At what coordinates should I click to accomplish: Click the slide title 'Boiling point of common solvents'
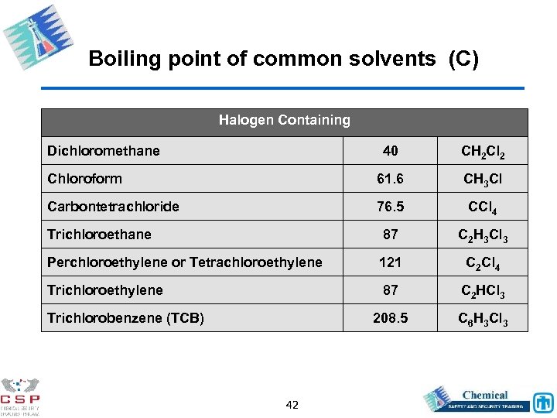[x=284, y=59]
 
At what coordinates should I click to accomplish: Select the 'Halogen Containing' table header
[x=284, y=120]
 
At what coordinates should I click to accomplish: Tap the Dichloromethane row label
[x=104, y=151]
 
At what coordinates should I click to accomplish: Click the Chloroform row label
[x=84, y=179]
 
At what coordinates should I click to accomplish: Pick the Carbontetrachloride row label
[x=113, y=207]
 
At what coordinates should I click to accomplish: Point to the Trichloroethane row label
[x=99, y=235]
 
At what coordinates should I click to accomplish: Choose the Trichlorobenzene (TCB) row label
[x=125, y=318]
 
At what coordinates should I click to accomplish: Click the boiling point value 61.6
[x=390, y=179]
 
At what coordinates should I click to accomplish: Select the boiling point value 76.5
[x=390, y=207]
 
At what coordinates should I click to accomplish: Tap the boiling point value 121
[x=390, y=262]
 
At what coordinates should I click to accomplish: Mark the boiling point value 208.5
[x=390, y=318]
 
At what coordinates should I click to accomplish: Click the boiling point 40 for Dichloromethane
[x=390, y=151]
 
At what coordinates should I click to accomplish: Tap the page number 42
[x=292, y=405]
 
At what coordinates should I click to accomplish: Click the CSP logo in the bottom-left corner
[x=21, y=396]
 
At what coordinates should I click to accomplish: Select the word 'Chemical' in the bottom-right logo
[x=485, y=395]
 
